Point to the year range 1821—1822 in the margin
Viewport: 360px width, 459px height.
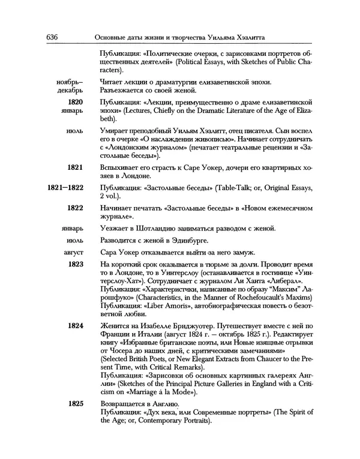coord(65,188)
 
